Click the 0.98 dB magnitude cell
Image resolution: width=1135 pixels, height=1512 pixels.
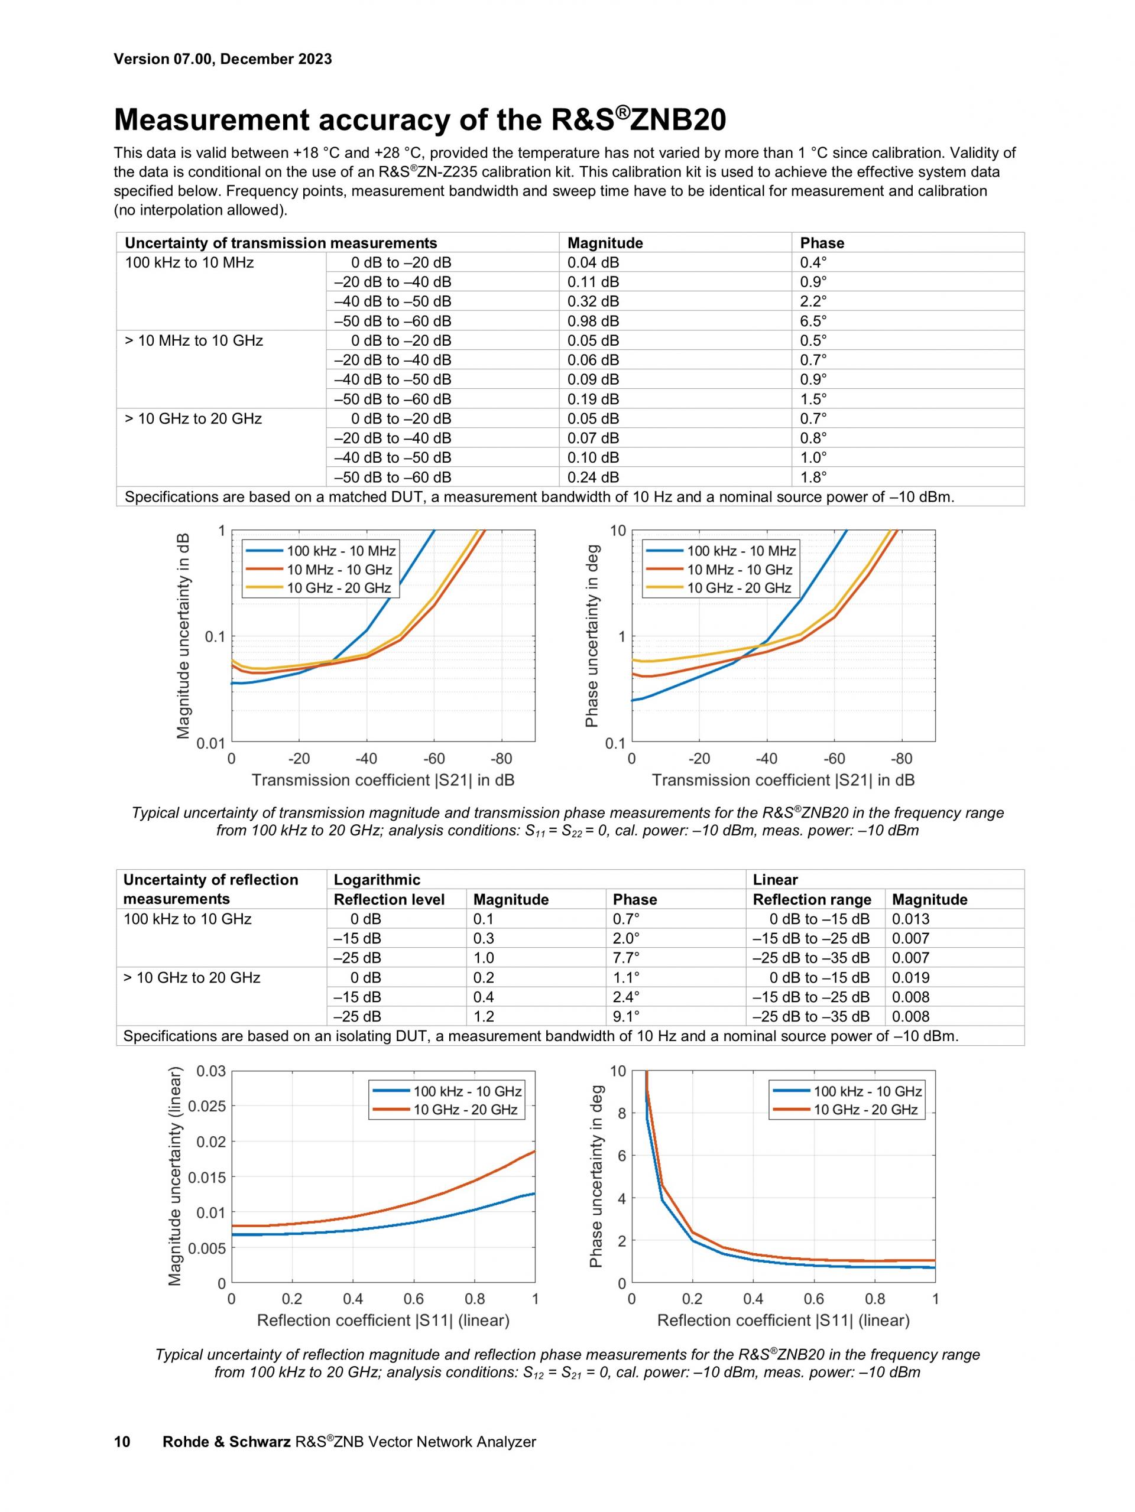coord(593,321)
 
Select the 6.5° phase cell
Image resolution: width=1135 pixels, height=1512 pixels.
coord(813,321)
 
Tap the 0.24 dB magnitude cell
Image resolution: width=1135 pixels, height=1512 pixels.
coord(593,477)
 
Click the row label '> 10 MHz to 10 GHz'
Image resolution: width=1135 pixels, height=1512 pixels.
coord(193,340)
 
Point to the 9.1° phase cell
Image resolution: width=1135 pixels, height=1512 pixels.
coord(625,1016)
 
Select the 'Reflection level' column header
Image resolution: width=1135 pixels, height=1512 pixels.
coord(388,899)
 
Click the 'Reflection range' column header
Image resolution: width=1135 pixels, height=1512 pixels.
coord(812,899)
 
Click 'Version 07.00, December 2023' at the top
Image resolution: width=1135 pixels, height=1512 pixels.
coord(222,58)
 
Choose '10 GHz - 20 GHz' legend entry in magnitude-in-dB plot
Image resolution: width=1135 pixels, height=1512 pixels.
coord(339,588)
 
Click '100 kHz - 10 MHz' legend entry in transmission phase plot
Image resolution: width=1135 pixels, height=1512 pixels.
coord(741,551)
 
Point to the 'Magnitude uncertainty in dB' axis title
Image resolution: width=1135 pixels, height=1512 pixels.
coord(183,636)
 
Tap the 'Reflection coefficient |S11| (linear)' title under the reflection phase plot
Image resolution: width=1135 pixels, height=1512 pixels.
coord(783,1320)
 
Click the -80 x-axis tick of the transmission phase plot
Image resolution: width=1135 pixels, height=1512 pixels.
coord(901,759)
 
